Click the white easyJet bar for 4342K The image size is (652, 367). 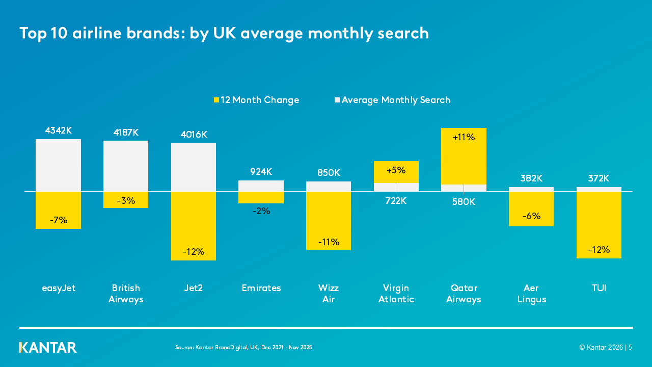point(58,165)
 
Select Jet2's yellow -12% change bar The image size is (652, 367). point(193,226)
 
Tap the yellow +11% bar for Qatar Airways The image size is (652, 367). point(464,156)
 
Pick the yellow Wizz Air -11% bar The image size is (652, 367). point(329,221)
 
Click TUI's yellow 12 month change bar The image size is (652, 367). point(599,225)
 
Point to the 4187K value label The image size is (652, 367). point(126,133)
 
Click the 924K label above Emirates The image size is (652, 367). point(261,172)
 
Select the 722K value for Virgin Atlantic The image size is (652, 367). point(396,201)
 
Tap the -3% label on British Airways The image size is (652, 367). point(126,201)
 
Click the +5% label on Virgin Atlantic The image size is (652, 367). point(396,170)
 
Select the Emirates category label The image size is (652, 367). point(261,288)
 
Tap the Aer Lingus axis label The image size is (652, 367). point(531,294)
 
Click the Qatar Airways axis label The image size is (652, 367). point(464,294)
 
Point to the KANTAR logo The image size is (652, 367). point(48,348)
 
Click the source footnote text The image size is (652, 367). point(243,347)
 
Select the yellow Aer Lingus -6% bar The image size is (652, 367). point(531,209)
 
